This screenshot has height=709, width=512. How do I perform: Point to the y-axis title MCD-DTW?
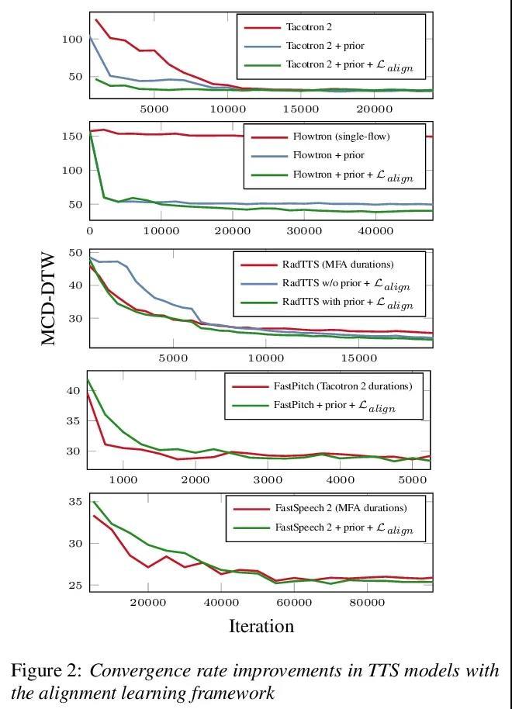pyautogui.click(x=48, y=298)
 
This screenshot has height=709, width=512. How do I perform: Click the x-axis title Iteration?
pyautogui.click(x=261, y=626)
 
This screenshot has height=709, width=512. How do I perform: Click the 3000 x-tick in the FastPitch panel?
pyautogui.click(x=268, y=480)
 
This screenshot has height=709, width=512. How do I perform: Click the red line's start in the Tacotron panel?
pyautogui.click(x=95, y=19)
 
